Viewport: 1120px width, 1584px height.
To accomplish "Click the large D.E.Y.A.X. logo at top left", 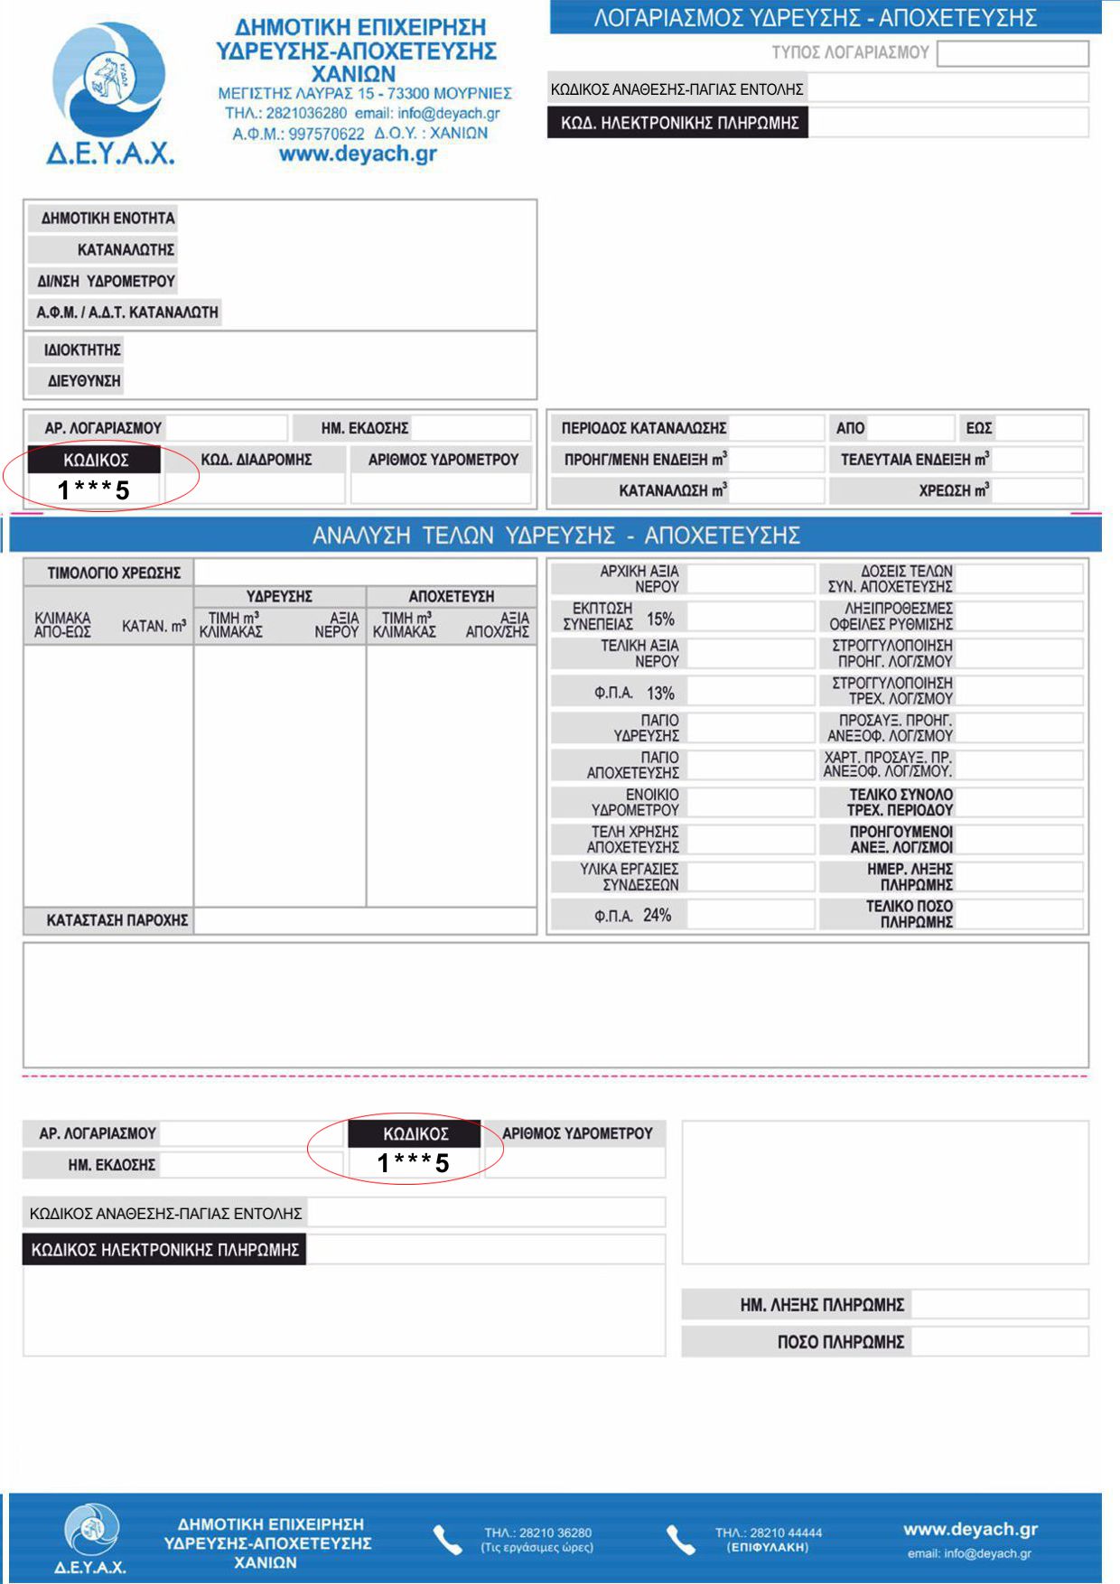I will click(x=109, y=90).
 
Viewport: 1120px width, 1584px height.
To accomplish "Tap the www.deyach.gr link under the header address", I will click(x=358, y=154).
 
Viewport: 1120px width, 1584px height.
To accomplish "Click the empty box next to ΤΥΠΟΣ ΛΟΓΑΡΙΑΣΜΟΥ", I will click(x=1013, y=53).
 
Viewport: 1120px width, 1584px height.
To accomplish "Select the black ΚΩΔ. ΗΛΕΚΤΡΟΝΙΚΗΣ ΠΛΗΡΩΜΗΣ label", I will click(x=678, y=123).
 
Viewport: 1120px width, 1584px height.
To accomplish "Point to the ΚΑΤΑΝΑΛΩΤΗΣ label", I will click(x=126, y=249).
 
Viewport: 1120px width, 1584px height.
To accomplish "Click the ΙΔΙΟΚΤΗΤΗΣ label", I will click(x=82, y=349).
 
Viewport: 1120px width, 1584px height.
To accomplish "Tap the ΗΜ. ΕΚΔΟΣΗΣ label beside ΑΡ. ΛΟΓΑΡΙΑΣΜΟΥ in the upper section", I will click(x=365, y=428).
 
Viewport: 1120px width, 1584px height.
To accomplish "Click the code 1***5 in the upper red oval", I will click(x=94, y=490).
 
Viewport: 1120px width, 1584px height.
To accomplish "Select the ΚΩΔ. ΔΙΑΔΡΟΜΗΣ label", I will click(x=256, y=460).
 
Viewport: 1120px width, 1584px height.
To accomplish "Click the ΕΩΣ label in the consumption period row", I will click(x=979, y=428).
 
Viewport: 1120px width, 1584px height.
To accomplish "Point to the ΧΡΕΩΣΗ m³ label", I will click(x=954, y=491).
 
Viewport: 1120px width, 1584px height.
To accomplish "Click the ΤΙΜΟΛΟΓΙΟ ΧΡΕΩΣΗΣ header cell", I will click(x=114, y=573).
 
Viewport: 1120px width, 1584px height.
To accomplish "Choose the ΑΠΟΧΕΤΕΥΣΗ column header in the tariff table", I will click(x=452, y=596).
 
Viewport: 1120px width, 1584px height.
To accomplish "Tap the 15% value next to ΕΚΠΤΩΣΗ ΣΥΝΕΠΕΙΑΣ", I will click(x=660, y=620).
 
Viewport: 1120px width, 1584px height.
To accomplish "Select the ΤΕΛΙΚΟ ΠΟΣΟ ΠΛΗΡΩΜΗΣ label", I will click(x=909, y=914).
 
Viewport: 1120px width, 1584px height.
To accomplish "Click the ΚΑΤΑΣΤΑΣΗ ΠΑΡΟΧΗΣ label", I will click(x=117, y=920).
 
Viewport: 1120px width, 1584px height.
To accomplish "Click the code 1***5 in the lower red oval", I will click(x=414, y=1163).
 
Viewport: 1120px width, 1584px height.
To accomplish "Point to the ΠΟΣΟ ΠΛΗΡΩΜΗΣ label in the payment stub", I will click(x=840, y=1342).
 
